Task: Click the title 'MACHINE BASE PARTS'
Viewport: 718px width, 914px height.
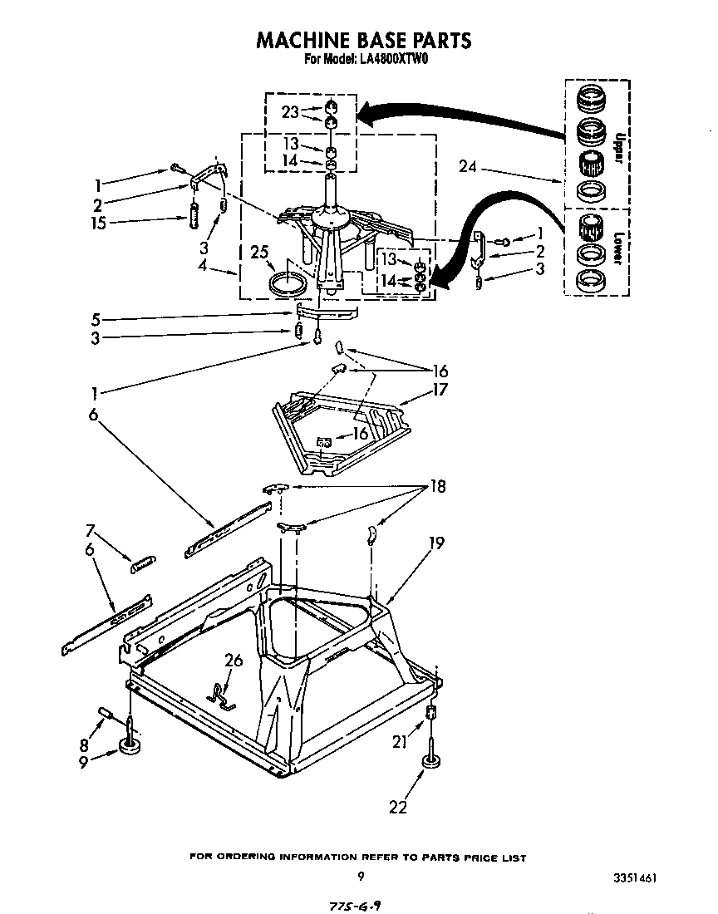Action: coord(363,39)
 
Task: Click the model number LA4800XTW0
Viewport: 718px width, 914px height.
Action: coord(394,60)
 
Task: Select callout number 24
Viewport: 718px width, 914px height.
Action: coord(469,166)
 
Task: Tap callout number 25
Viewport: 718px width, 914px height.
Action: coord(259,252)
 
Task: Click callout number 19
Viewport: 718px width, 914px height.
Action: coord(437,543)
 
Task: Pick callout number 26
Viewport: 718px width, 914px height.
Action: coord(235,661)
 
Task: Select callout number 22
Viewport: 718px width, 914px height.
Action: coord(399,805)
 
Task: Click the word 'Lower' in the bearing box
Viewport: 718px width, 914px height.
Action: coord(617,247)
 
